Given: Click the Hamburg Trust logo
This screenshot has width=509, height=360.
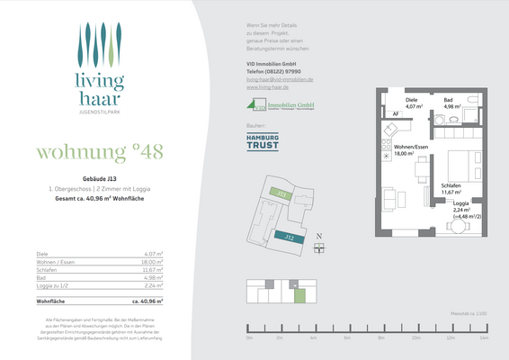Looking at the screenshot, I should click(x=264, y=143).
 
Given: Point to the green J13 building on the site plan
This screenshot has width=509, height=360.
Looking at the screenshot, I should click(x=281, y=193).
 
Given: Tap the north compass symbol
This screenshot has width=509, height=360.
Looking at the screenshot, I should click(x=319, y=241).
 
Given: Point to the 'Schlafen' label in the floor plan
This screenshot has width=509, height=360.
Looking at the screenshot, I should click(x=451, y=184).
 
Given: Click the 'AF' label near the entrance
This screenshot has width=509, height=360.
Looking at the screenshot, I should click(x=394, y=113).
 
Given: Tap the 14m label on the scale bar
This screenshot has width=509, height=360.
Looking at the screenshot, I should click(x=484, y=337).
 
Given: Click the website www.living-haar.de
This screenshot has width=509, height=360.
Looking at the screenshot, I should click(x=267, y=87).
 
